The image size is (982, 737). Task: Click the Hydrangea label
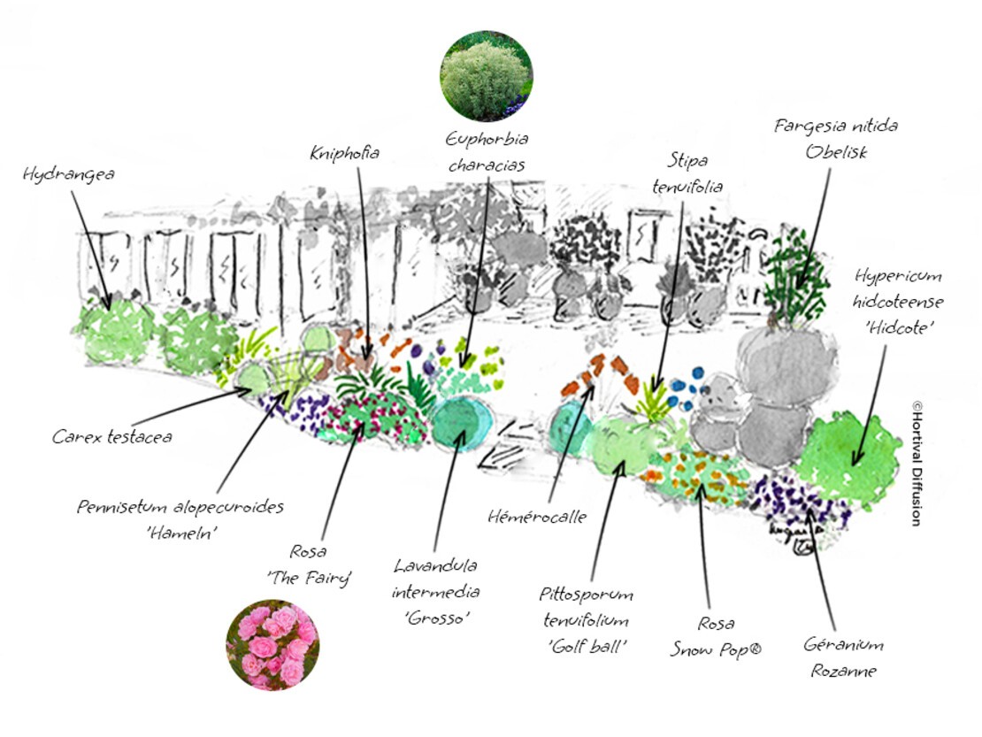click(69, 175)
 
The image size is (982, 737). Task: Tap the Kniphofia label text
click(344, 154)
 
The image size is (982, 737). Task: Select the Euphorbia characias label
click(487, 152)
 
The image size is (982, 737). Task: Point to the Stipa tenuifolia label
click(687, 173)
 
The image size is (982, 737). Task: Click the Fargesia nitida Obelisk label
click(835, 139)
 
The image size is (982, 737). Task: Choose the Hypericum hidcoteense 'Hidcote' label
click(898, 302)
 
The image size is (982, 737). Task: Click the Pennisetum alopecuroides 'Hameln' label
click(180, 519)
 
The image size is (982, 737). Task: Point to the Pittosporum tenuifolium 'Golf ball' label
click(588, 619)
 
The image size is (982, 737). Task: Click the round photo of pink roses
click(272, 647)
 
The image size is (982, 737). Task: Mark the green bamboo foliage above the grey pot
click(796, 270)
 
